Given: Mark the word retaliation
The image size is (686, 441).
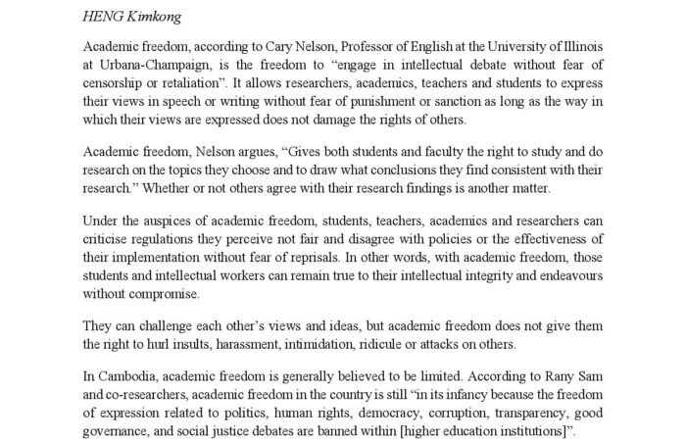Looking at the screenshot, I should (208, 85).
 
